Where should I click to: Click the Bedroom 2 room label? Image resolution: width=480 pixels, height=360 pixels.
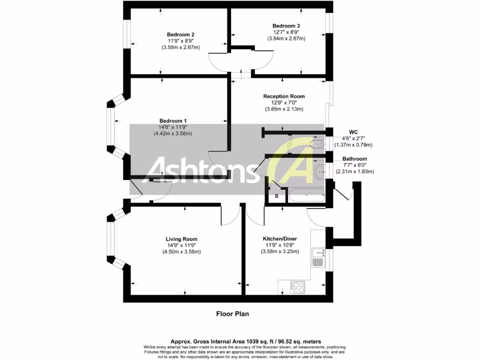click(x=180, y=35)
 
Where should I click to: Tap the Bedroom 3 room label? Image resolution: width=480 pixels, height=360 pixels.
click(x=286, y=26)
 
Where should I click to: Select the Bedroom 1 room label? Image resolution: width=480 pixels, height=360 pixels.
click(x=173, y=120)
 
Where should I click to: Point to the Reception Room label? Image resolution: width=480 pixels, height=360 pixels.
click(x=284, y=96)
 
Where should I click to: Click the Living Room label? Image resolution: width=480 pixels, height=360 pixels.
click(x=181, y=239)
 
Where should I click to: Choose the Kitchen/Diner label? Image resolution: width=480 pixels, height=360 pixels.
click(x=279, y=239)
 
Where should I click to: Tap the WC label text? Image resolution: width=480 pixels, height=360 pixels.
click(x=354, y=132)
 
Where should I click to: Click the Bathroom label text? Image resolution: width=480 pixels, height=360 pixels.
click(x=354, y=159)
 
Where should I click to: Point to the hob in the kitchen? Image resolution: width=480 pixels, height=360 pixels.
click(x=297, y=286)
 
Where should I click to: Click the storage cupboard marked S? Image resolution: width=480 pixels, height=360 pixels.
click(x=277, y=195)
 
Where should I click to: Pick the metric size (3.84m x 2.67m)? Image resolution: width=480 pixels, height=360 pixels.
click(x=286, y=38)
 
